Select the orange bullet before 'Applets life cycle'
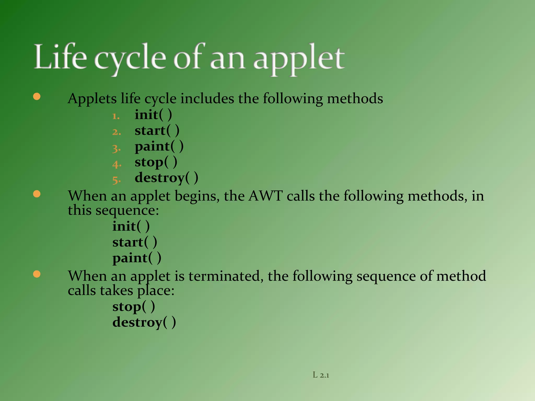coord(37,97)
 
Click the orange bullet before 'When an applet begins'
coord(37,194)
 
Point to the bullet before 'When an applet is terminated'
coord(37,274)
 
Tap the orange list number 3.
coord(116,148)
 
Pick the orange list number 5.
coord(116,180)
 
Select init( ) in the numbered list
coord(153,115)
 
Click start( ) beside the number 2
coord(157,131)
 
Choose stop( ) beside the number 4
coord(156,162)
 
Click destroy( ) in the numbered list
coord(166,178)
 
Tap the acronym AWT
coord(265,196)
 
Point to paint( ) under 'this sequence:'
coord(137,258)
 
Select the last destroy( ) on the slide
coord(144,322)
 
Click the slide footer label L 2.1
coord(321,375)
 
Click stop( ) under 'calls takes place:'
coord(133,307)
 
